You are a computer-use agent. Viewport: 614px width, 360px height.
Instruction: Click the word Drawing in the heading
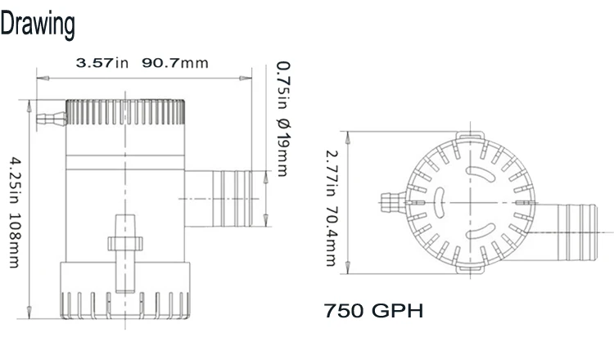pos(38,25)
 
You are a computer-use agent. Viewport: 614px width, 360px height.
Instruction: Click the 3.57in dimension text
pos(102,63)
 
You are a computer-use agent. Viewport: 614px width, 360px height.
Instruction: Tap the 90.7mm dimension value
pos(175,63)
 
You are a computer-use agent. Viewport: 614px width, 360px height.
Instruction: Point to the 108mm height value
pos(15,241)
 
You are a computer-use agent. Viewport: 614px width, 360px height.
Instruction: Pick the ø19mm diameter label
pos(283,147)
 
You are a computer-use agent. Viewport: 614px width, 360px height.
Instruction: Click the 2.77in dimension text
pos(332,173)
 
